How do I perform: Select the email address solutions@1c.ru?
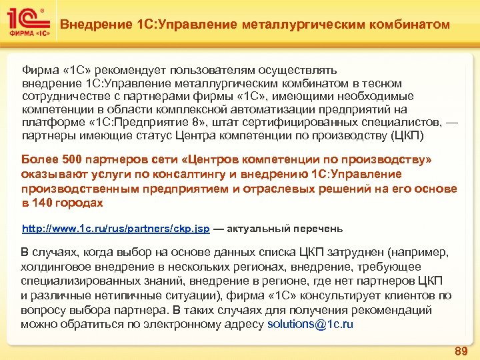coord(310,325)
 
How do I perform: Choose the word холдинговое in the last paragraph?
coord(55,267)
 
